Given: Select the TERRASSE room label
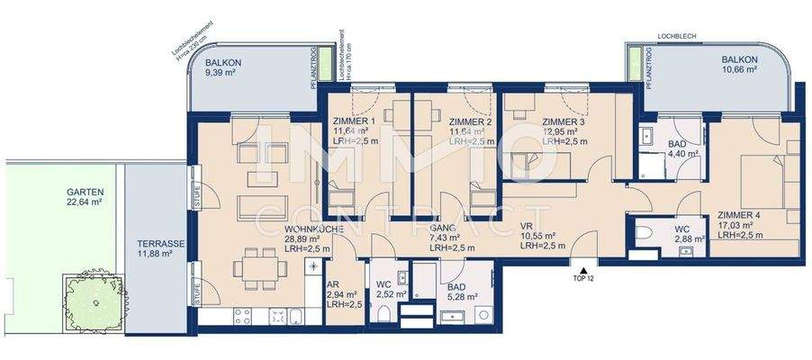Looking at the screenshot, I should click(160, 244).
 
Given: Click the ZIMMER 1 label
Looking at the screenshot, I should click(354, 121).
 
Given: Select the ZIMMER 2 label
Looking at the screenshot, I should click(470, 121).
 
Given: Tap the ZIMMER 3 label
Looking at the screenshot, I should click(563, 121).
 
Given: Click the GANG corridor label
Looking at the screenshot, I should click(443, 227).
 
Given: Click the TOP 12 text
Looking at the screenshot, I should click(584, 278).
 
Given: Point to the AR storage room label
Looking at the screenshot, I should click(332, 283).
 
